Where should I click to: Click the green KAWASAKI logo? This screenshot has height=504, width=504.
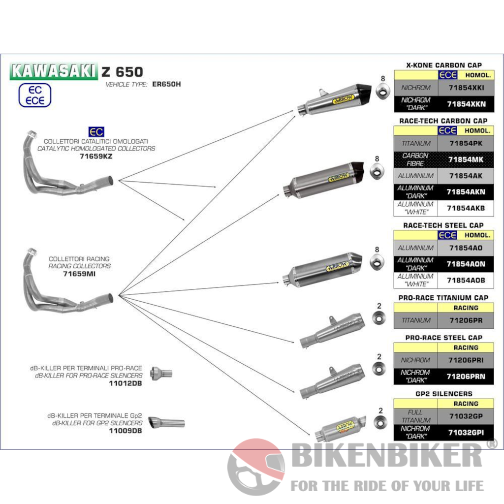click(x=53, y=71)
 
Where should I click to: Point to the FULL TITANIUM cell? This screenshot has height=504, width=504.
click(x=416, y=416)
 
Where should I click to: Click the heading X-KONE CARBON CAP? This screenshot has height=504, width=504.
click(x=443, y=65)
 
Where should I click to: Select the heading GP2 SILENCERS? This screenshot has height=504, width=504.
click(x=443, y=393)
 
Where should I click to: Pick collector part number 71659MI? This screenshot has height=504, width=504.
click(x=79, y=273)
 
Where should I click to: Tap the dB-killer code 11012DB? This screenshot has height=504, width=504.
click(x=126, y=383)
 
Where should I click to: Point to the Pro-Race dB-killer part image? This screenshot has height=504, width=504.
click(x=161, y=373)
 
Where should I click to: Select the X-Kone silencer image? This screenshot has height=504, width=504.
click(x=335, y=100)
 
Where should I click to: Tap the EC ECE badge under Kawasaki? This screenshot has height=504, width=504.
click(x=34, y=95)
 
